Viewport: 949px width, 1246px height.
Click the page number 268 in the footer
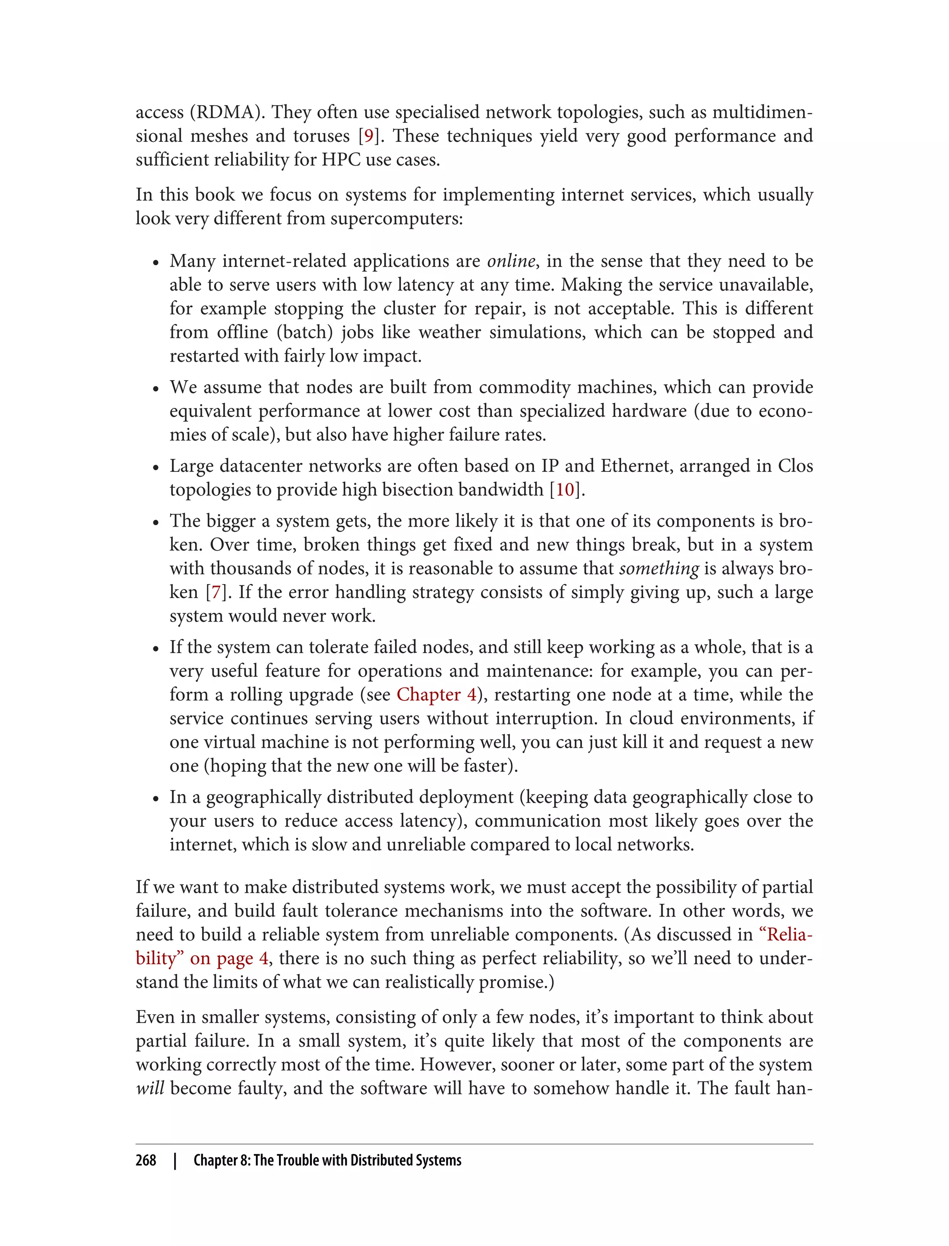[146, 1160]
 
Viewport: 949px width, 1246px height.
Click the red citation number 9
[368, 136]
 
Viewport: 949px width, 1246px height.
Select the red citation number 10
[564, 489]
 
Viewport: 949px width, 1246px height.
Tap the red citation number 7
[215, 592]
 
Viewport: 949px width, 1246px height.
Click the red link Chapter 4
[437, 694]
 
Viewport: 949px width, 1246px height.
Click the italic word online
[511, 261]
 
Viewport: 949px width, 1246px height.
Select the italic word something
[658, 568]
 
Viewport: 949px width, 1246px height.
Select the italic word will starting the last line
[150, 1088]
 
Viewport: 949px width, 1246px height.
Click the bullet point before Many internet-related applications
[156, 263]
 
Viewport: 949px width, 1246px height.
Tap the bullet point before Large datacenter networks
[156, 468]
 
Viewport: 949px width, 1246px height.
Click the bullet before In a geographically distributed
[156, 799]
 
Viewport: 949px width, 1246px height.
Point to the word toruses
[322, 136]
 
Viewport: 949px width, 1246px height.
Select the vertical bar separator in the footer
[175, 1160]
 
